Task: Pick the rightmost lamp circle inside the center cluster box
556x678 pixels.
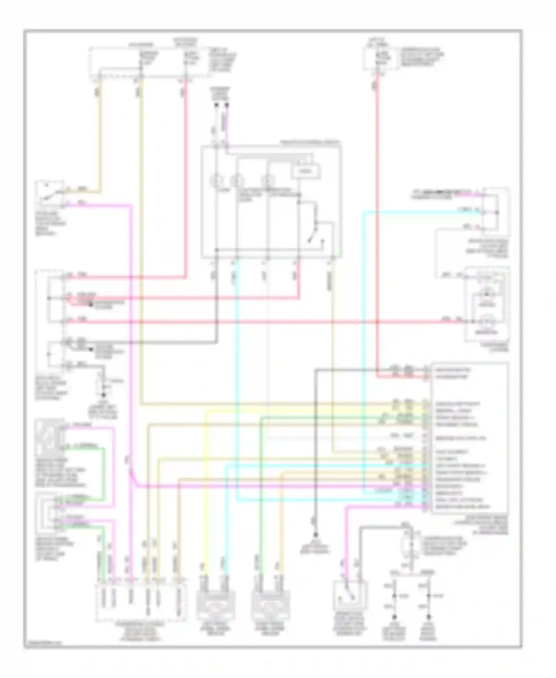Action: click(266, 181)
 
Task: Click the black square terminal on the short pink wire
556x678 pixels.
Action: click(227, 105)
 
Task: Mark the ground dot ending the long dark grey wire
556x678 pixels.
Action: click(315, 534)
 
